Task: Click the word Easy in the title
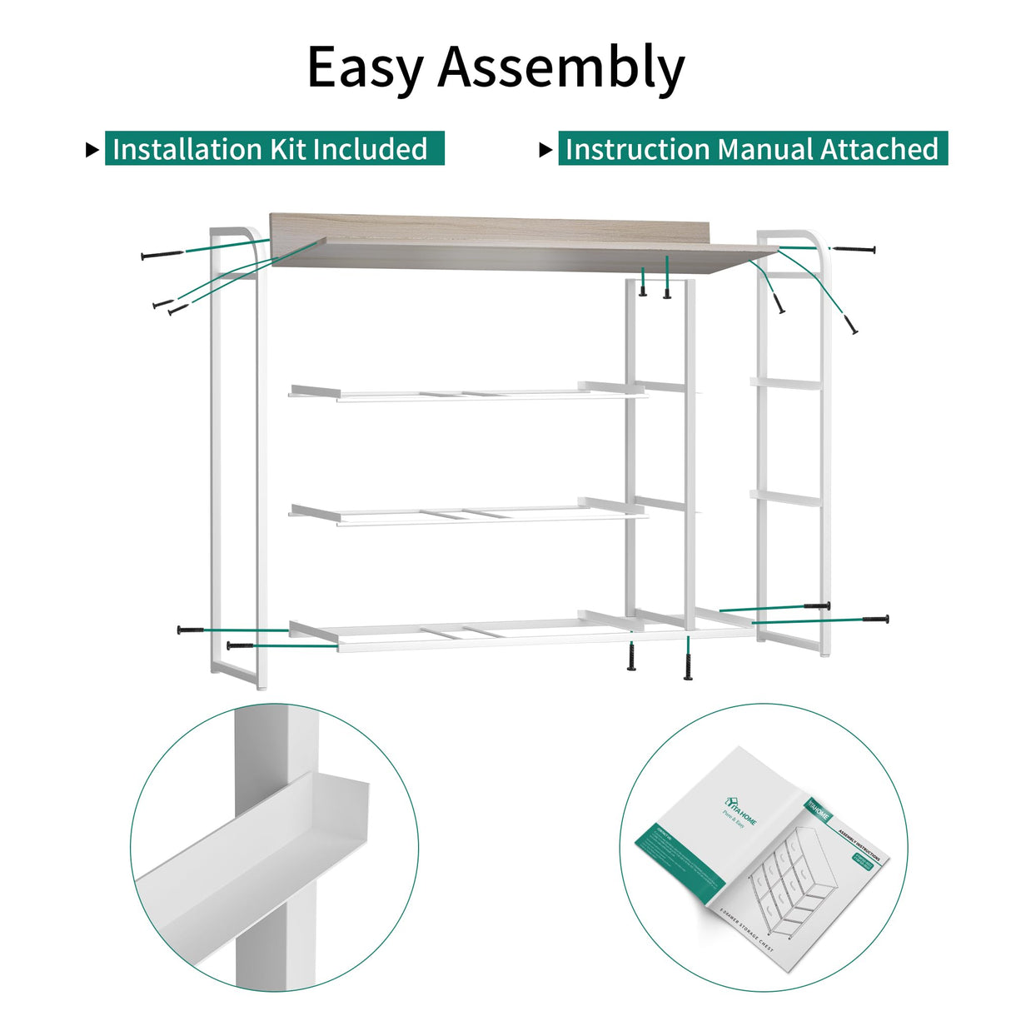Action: (x=366, y=67)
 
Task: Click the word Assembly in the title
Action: (x=561, y=67)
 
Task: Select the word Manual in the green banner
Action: (x=765, y=149)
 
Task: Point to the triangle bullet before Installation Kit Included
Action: (x=92, y=151)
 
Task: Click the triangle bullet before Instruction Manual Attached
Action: (x=545, y=151)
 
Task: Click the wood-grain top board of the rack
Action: (x=500, y=242)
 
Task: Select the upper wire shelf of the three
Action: (x=466, y=391)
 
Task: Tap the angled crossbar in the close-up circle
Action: (x=250, y=849)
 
